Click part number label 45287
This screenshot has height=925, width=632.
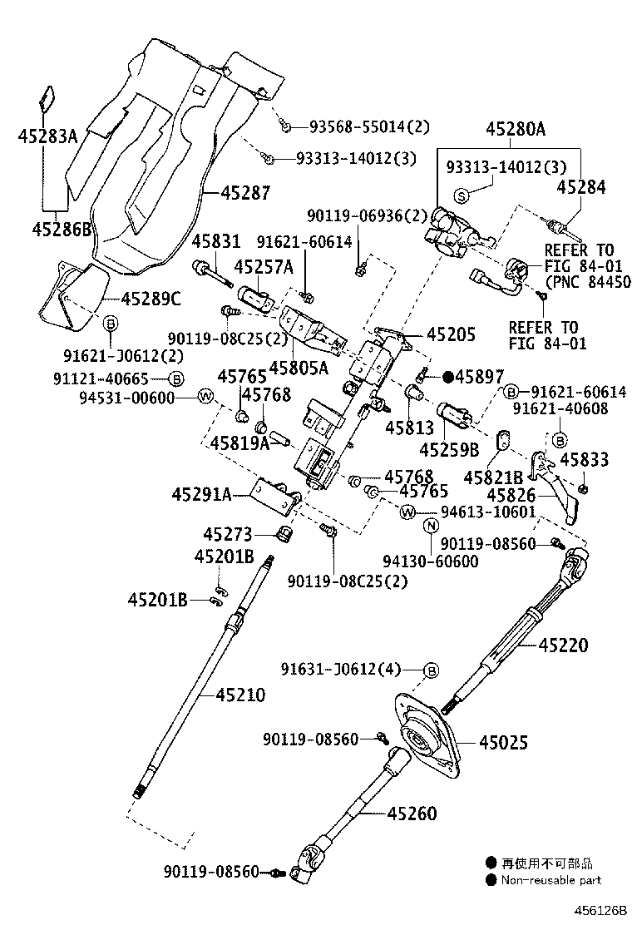point(246,192)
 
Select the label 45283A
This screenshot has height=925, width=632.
point(47,137)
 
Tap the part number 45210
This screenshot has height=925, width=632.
point(240,695)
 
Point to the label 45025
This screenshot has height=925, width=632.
point(503,742)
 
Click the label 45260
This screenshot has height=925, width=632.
point(412,814)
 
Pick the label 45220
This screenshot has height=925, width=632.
point(563,645)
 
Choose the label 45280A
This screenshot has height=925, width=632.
point(516,128)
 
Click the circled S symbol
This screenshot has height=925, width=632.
point(462,195)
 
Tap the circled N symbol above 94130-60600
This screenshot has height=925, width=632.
point(431,526)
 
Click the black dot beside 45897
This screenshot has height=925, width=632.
point(449,376)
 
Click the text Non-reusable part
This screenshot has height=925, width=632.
point(551,880)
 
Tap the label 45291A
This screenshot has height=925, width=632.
point(201,494)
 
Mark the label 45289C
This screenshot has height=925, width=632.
point(151,299)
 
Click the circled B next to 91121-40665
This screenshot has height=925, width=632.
point(175,378)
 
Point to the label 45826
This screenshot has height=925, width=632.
point(511,495)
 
